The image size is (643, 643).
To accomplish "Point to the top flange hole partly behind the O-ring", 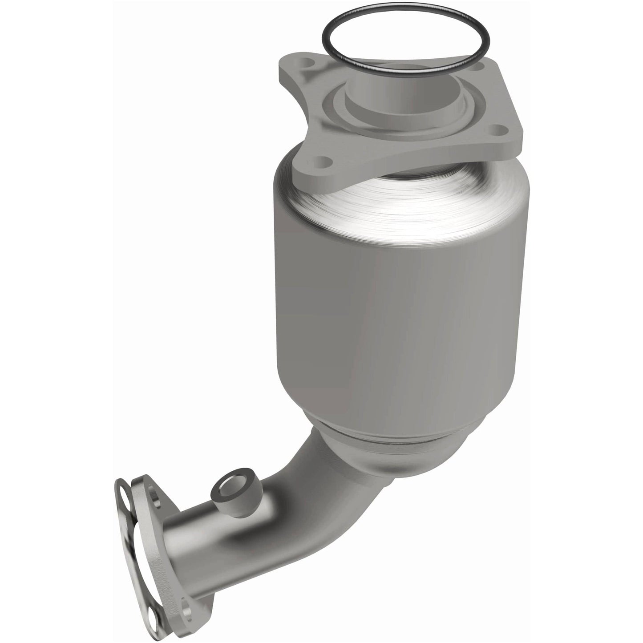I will (x=477, y=68).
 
